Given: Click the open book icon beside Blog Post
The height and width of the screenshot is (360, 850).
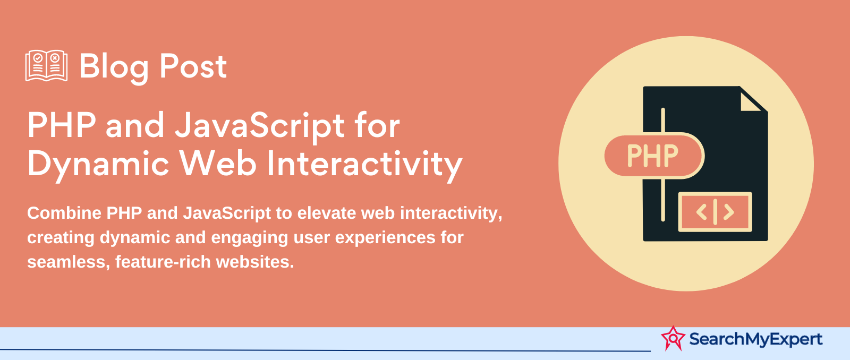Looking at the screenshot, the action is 46,66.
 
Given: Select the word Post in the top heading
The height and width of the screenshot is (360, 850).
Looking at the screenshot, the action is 193,66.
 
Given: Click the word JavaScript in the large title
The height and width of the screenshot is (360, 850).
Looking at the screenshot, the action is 260,126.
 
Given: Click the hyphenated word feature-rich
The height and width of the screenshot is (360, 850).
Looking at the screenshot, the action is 163,262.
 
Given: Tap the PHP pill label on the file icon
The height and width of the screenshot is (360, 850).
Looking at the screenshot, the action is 654,156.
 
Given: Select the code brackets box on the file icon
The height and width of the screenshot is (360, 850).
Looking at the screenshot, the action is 715,212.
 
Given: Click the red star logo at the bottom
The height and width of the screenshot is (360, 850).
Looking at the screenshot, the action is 673,338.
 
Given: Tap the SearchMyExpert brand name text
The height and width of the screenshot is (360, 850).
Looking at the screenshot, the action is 755,339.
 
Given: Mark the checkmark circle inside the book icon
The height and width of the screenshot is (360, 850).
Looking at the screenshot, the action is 38,58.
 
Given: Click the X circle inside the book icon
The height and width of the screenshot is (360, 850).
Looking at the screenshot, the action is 55,58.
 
